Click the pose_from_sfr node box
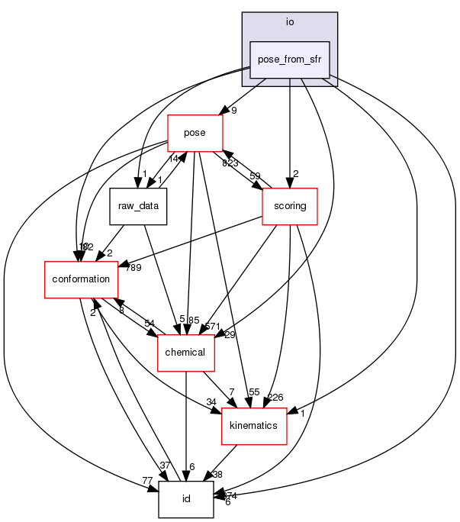pyautogui.click(x=290, y=60)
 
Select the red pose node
pyautogui.click(x=195, y=133)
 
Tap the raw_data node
pyautogui.click(x=137, y=206)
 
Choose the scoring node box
pyautogui.click(x=289, y=206)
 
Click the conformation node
pyautogui.click(x=81, y=279)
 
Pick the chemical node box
pyautogui.click(x=185, y=353)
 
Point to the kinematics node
pyautogui.click(x=253, y=426)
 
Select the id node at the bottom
pyautogui.click(x=185, y=499)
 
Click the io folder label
pyautogui.click(x=290, y=21)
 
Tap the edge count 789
pyautogui.click(x=134, y=267)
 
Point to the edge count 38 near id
pyautogui.click(x=217, y=474)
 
